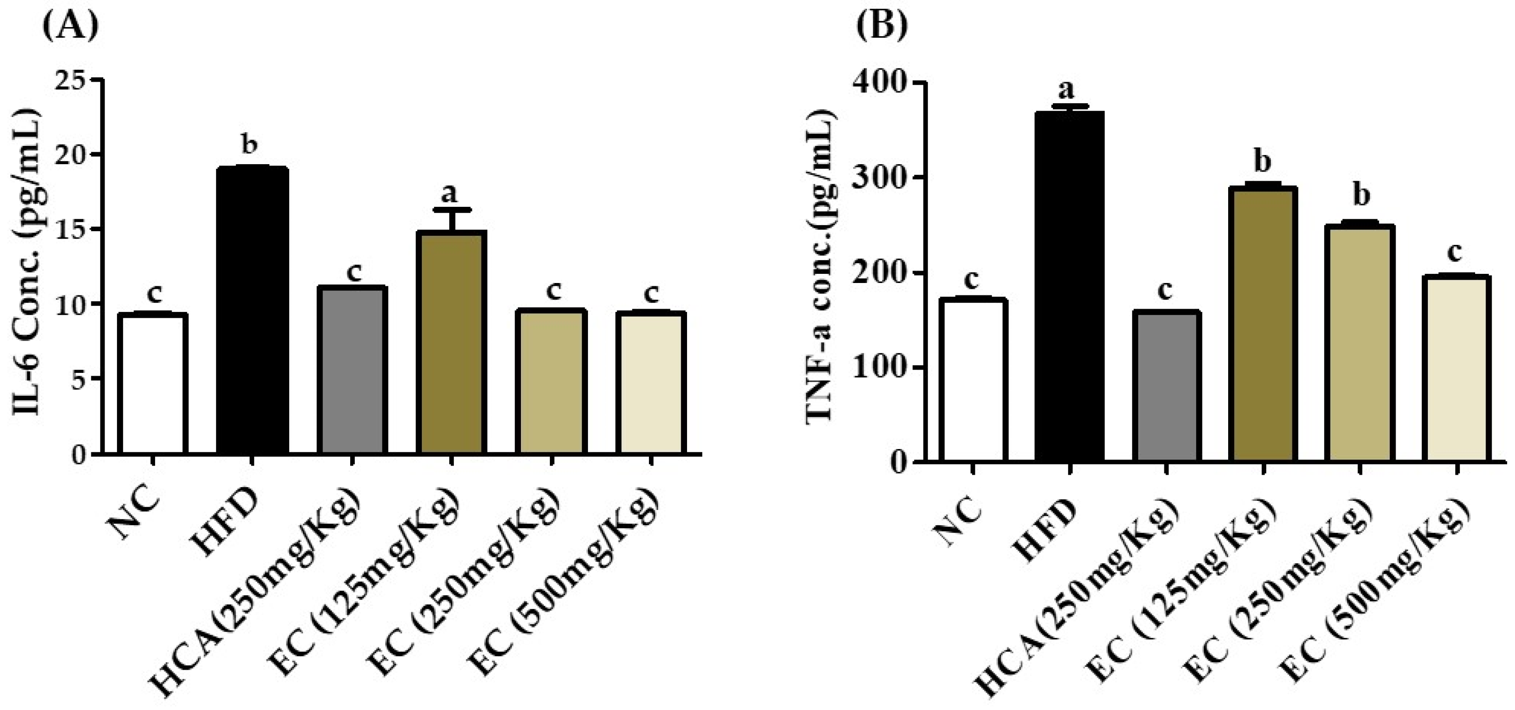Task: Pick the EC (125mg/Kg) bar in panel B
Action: click(x=1262, y=323)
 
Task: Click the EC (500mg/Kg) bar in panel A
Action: click(x=651, y=382)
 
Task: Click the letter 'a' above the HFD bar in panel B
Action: click(x=1066, y=89)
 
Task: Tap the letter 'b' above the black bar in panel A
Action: click(x=250, y=144)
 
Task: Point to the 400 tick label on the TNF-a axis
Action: click(x=880, y=83)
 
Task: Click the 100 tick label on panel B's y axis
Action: click(x=880, y=368)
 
